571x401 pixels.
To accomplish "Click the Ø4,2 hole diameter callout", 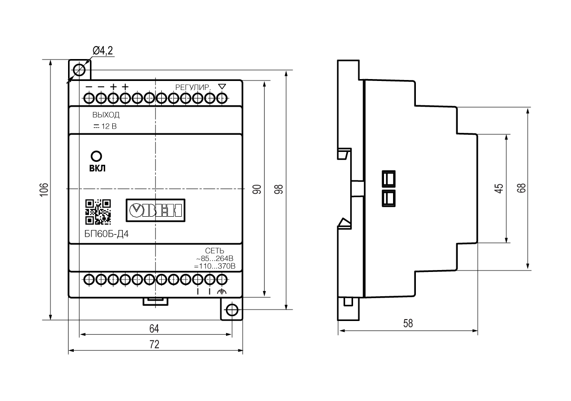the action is [x=103, y=50].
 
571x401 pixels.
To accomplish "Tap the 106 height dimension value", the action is [x=44, y=190].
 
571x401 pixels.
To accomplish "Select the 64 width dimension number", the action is [x=154, y=329].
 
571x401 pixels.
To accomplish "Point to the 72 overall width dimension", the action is [x=154, y=344].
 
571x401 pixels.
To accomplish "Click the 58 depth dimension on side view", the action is [x=408, y=323].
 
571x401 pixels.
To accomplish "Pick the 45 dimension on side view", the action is [x=499, y=188].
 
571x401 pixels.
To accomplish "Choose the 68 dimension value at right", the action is [x=522, y=188].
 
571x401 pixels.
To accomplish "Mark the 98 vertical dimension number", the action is [x=279, y=189].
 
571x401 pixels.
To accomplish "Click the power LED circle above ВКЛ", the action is [x=96, y=156].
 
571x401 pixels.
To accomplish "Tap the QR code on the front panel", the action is [x=98, y=212].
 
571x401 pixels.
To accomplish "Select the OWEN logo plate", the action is [x=156, y=210].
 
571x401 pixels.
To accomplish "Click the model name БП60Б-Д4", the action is [x=107, y=234].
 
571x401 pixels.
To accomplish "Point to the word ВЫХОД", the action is [x=106, y=115].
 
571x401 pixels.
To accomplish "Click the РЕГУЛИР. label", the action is [x=193, y=88].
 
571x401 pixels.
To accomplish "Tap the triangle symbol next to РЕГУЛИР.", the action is [x=222, y=87].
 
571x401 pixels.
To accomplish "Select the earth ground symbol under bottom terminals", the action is [x=222, y=291].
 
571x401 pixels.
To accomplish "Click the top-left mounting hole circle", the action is [x=79, y=70].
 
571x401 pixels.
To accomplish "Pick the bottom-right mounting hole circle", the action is [x=232, y=310].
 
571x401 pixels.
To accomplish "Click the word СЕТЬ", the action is [x=215, y=251].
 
